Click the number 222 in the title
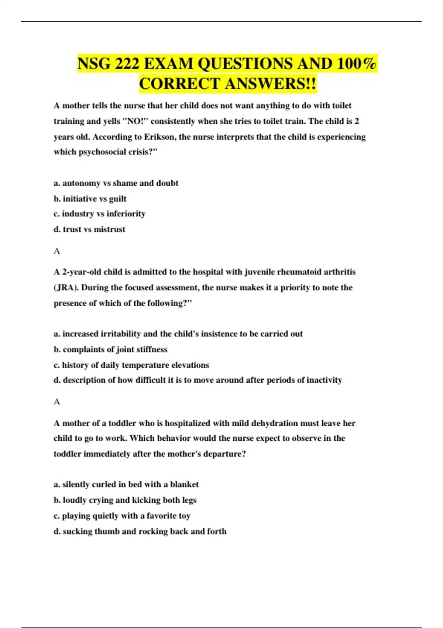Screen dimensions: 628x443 pyautogui.click(x=127, y=64)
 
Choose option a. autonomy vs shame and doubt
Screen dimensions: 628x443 pyautogui.click(x=116, y=183)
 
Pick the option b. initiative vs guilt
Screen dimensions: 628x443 pyautogui.click(x=90, y=199)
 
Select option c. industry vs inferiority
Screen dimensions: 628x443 pyautogui.click(x=99, y=214)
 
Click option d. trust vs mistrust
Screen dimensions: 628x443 pyautogui.click(x=89, y=229)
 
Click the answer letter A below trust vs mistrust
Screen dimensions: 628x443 pyautogui.click(x=57, y=251)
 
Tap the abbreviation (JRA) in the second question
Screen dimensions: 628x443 pyautogui.click(x=66, y=287)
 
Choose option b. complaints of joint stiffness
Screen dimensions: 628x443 pyautogui.click(x=110, y=349)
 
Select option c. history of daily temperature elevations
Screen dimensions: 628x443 pyautogui.click(x=131, y=365)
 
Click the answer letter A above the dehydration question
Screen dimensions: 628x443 pyautogui.click(x=57, y=402)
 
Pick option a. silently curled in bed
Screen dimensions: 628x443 pyautogui.click(x=126, y=485)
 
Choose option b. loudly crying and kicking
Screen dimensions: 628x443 pyautogui.click(x=125, y=500)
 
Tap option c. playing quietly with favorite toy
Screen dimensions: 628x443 pyautogui.click(x=122, y=516)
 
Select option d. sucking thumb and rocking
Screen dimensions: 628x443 pyautogui.click(x=140, y=531)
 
